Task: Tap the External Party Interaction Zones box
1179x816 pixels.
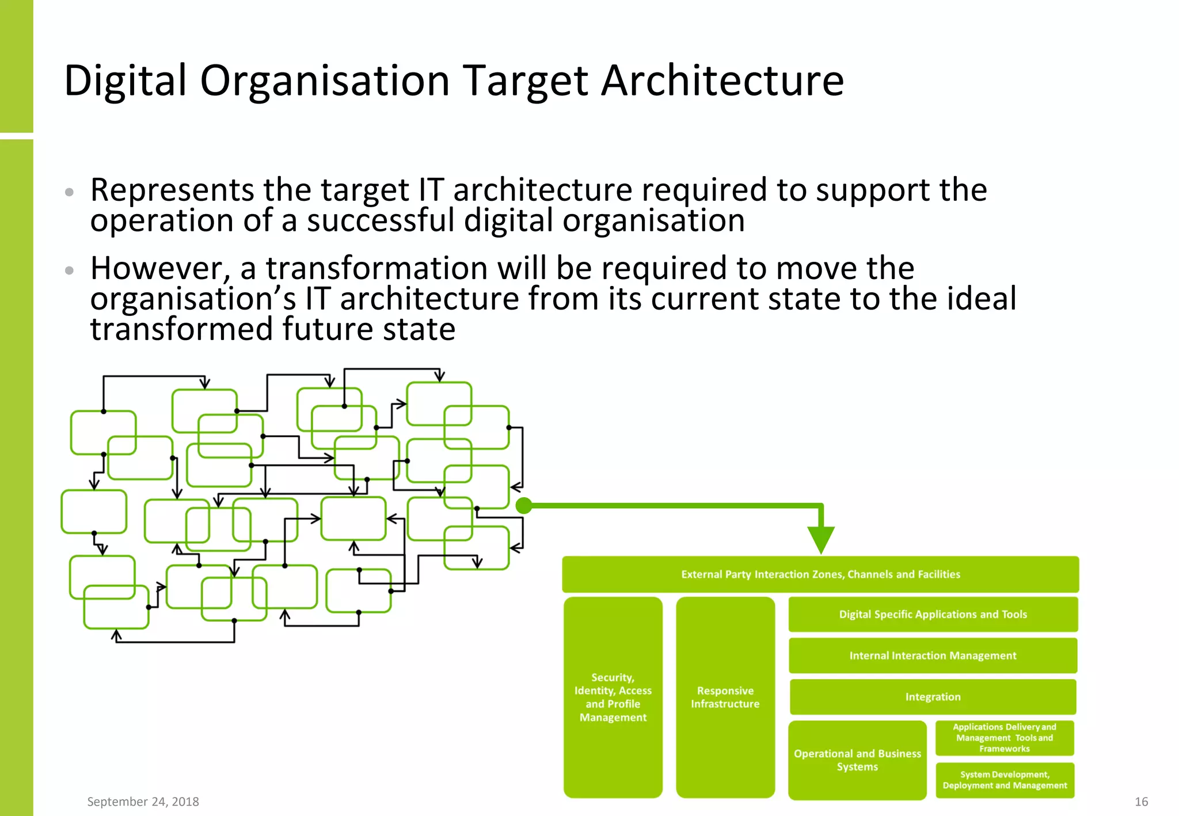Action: tap(820, 574)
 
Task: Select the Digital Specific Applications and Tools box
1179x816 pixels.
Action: tap(933, 615)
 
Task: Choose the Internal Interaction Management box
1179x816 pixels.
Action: tap(933, 655)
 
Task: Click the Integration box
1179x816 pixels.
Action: tap(933, 697)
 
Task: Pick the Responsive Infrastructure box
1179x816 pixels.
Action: tap(725, 697)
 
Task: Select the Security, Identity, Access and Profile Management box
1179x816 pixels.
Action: tap(613, 697)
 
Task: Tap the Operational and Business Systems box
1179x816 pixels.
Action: tap(857, 760)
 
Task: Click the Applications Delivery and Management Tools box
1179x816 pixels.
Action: tap(1005, 738)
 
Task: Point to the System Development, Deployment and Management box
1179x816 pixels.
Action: tap(1005, 780)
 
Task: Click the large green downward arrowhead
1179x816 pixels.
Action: tap(821, 539)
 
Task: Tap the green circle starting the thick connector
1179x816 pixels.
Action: tap(524, 506)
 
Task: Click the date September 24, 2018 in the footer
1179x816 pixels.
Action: tap(143, 802)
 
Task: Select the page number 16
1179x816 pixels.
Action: tap(1141, 802)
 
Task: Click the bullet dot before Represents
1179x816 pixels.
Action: tap(70, 192)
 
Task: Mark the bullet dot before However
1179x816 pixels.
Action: tap(70, 270)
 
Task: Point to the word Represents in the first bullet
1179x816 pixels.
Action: tap(172, 190)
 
